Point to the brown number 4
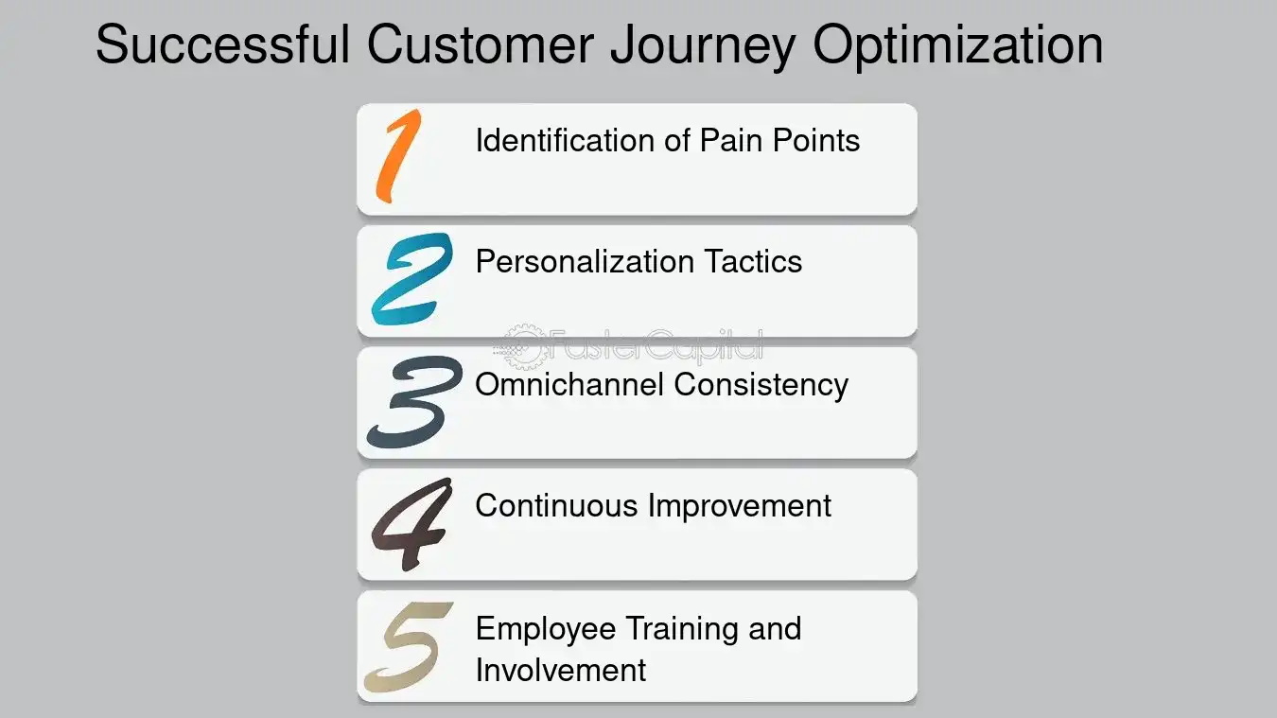click(410, 523)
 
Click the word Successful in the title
click(223, 44)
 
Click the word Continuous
click(556, 505)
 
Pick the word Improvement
click(740, 505)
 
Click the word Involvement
click(560, 670)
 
